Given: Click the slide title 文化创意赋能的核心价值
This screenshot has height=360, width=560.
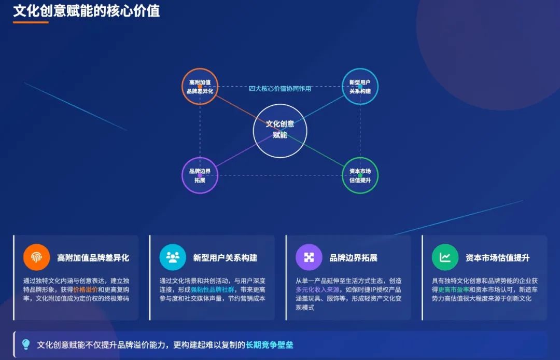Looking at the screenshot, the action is coord(87,11).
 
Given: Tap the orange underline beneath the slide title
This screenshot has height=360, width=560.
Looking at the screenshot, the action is coord(31,22).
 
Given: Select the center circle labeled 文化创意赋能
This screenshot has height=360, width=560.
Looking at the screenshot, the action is coord(280,131).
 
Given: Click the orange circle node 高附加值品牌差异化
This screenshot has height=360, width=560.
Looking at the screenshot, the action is coord(200,87).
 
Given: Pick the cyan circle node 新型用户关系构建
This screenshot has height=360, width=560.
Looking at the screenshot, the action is coord(360,87).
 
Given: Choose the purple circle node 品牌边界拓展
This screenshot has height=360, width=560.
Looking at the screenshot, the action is coord(200,175).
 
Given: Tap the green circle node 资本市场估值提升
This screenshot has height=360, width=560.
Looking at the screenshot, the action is coord(360,175).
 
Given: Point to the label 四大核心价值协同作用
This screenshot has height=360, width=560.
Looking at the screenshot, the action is coord(280,89).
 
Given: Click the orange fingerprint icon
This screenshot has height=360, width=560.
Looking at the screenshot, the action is coord(36,257).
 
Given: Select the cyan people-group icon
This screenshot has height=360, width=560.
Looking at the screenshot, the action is coord(173,257).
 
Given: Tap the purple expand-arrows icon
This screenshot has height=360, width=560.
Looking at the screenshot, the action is coord(309,257).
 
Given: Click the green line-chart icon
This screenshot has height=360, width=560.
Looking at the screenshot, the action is coord(445,257).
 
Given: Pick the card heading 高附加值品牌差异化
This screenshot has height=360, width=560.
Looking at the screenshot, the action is coord(93,258).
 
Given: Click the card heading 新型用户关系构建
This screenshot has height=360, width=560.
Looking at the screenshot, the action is coord(226,258).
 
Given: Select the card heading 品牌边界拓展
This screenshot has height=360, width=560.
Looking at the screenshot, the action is coord(354,258).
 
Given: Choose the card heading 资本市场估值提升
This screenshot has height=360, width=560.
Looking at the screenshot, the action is coord(497,258).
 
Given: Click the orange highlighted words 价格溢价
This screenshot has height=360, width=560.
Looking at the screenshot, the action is coord(86,289).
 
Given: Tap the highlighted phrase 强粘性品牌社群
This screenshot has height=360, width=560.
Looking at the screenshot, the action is coord(213,289).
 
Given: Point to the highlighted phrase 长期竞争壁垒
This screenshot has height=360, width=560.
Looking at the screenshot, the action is coord(270,345).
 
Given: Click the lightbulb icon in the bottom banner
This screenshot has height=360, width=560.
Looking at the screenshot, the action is coord(26,344).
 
